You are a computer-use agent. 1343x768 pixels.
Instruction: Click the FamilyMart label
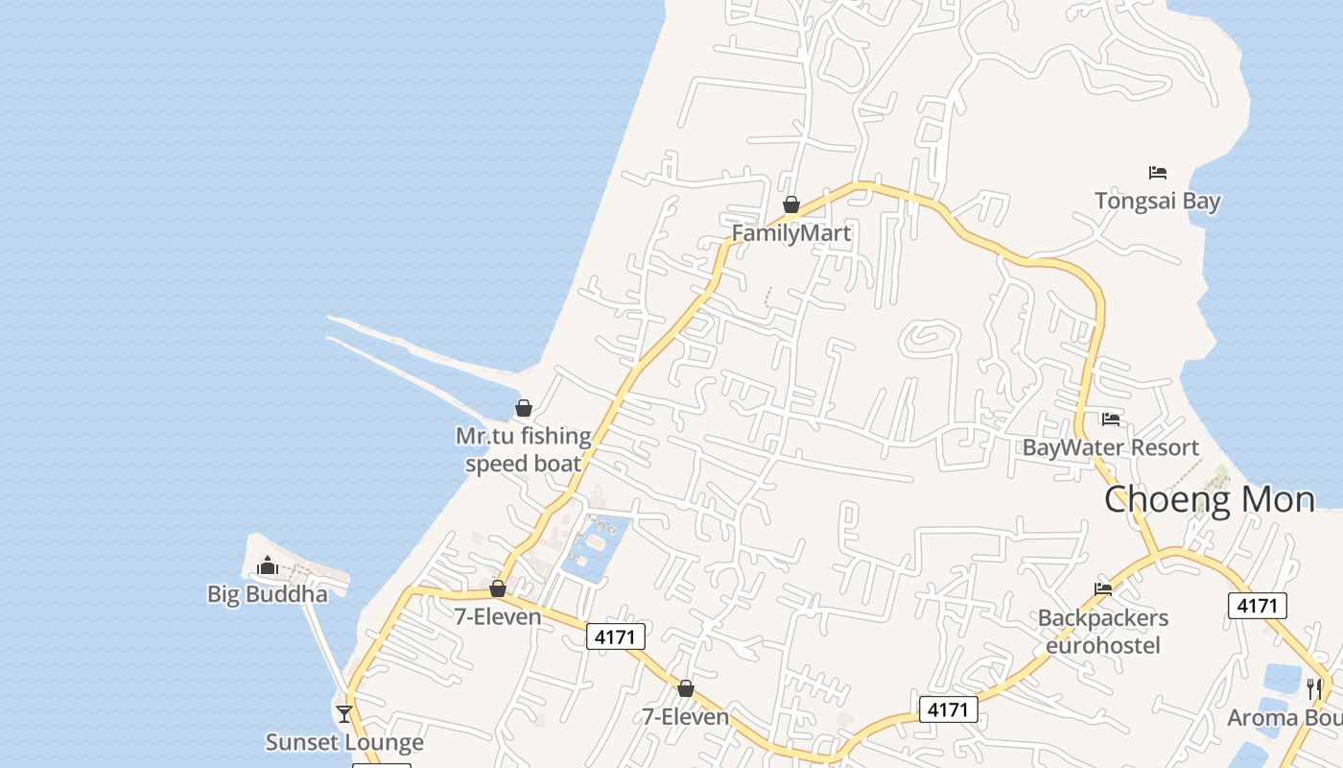[x=790, y=233]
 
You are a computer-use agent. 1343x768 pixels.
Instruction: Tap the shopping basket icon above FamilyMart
[x=791, y=204]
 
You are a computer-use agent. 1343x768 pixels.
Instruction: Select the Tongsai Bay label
[x=1157, y=201]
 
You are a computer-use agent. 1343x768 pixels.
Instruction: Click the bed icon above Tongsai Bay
[x=1158, y=173]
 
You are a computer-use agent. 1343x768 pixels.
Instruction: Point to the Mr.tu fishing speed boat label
[x=523, y=449]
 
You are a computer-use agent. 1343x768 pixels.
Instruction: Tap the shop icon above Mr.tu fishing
[x=524, y=408]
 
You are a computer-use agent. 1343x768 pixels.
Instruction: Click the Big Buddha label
[x=267, y=594]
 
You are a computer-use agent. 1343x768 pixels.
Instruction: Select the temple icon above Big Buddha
[x=268, y=565]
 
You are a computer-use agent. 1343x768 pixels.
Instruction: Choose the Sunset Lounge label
[x=344, y=742]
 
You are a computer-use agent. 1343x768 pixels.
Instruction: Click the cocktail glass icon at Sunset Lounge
[x=344, y=713]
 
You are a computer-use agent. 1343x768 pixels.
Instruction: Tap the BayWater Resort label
[x=1110, y=447]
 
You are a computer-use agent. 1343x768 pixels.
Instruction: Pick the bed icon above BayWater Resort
[x=1111, y=420]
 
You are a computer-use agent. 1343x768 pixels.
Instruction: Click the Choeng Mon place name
[x=1209, y=500]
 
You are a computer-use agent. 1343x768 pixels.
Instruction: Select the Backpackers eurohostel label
[x=1103, y=631]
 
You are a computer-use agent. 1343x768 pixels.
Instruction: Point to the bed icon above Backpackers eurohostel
[x=1103, y=589]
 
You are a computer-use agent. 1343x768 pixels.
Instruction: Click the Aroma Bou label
[x=1284, y=718]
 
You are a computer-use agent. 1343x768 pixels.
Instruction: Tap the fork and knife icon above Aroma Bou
[x=1314, y=688]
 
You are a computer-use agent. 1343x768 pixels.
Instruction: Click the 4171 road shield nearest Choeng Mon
[x=1257, y=606]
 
